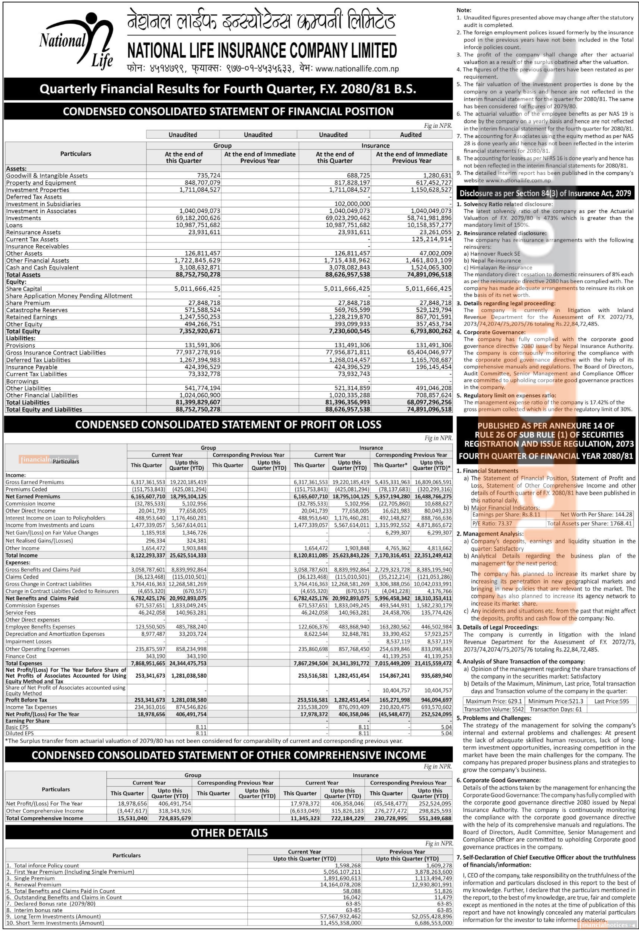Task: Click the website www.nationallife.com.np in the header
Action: pyautogui.click(x=357, y=68)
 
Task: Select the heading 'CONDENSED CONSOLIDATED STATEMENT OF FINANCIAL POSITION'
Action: pyautogui.click(x=228, y=111)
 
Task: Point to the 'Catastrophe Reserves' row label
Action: pyautogui.click(x=37, y=310)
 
